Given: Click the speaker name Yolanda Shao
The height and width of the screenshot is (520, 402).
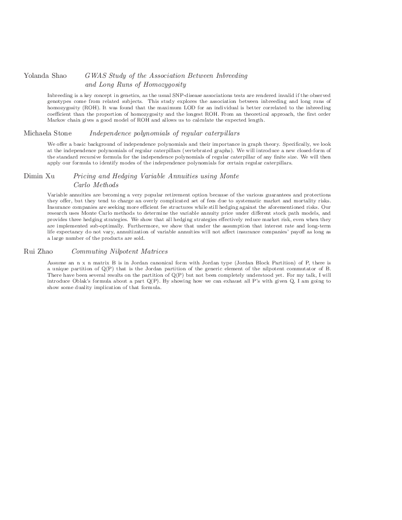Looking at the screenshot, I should (x=43, y=76).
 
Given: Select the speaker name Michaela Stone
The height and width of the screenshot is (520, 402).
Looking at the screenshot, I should (x=48, y=133).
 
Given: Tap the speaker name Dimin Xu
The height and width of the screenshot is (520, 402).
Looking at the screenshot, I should (x=39, y=176).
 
